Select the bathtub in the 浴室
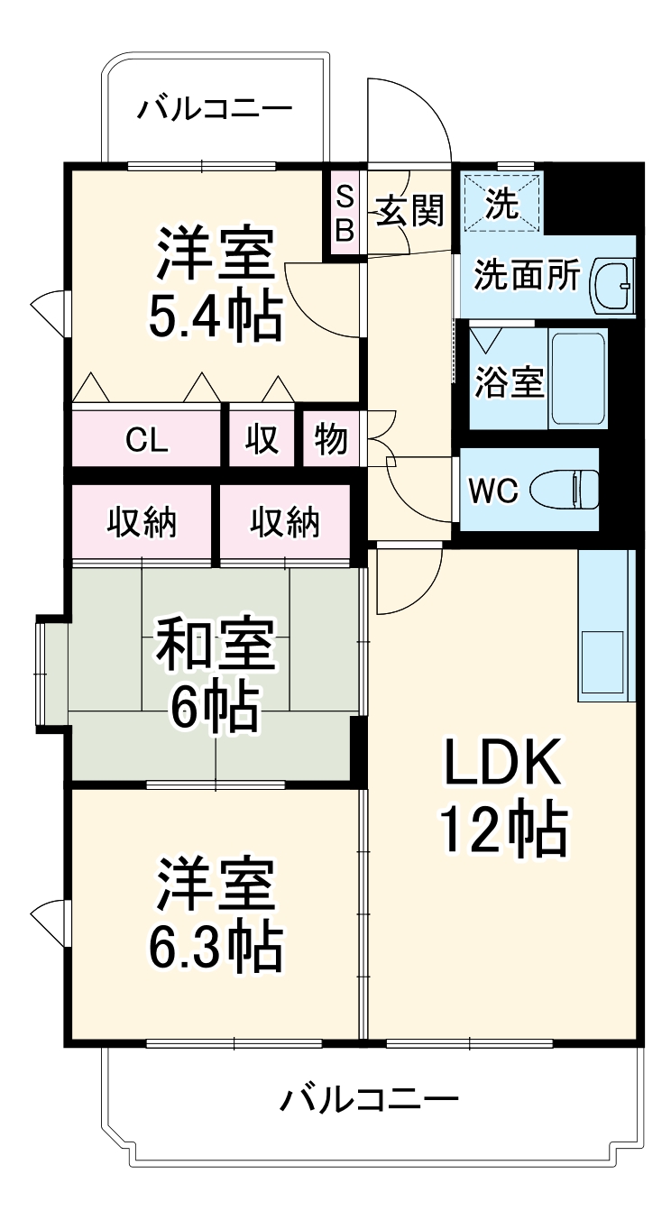click(577, 378)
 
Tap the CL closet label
click(147, 440)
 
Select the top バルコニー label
click(215, 110)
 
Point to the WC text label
click(493, 491)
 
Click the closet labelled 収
click(262, 440)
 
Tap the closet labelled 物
click(331, 440)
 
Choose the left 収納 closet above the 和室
click(142, 522)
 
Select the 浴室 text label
click(510, 382)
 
